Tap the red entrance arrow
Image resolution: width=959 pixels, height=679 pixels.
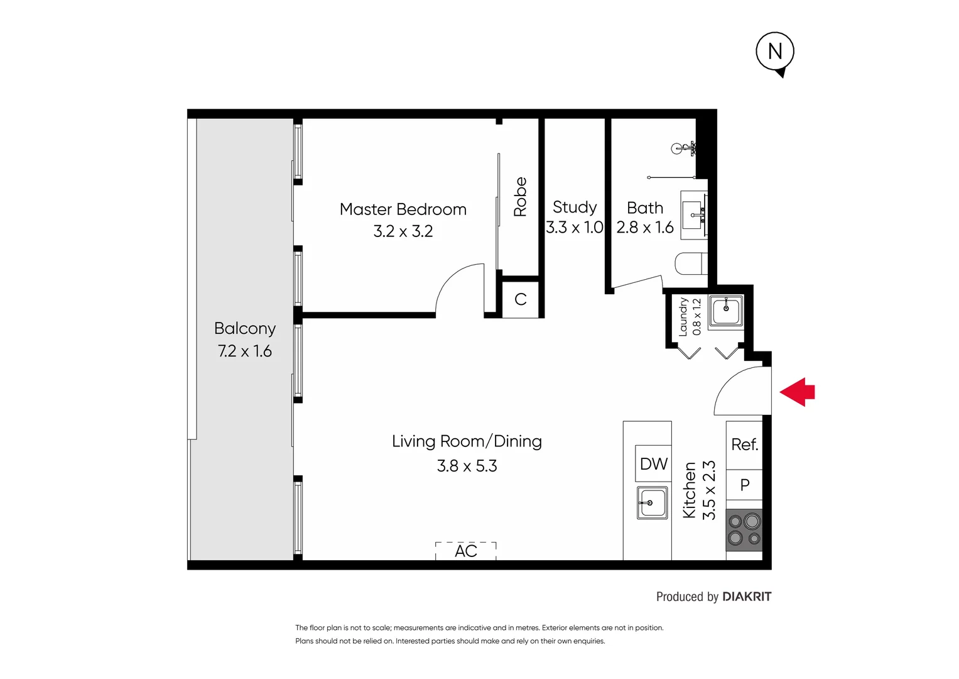797,392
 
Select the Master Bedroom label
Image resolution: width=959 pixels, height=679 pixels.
403,209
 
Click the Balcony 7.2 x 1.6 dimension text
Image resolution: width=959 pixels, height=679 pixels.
245,351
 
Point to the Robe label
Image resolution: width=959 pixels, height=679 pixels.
520,197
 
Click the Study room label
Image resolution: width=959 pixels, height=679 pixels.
575,207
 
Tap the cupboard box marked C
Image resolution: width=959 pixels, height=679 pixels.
520,299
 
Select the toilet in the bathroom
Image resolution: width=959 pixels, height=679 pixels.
691,263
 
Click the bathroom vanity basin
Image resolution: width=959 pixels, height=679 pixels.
694,215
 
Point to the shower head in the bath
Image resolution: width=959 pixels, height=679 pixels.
683,148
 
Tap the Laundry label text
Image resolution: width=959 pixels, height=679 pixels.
683,317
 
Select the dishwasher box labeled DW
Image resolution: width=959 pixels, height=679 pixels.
653,463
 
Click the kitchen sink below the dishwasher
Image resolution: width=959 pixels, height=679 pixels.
652,503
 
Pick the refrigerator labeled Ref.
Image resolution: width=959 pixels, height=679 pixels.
744,445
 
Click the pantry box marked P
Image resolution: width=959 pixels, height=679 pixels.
744,485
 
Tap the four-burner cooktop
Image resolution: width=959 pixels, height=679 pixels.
744,530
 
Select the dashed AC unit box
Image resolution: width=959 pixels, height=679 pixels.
466,551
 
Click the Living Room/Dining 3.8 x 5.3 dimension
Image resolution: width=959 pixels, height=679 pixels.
467,466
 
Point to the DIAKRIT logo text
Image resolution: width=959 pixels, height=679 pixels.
747,597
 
